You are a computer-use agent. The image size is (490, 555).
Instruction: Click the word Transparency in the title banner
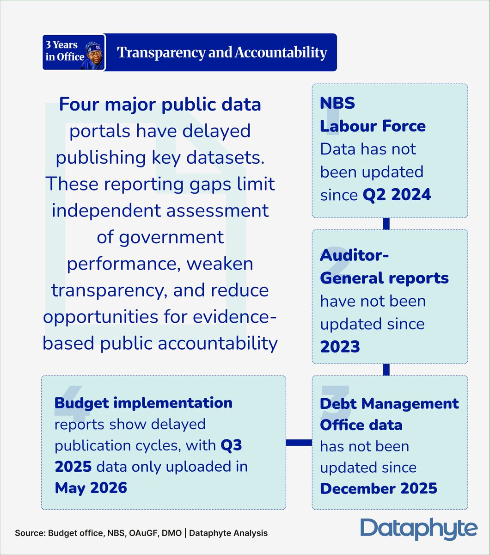coord(161,53)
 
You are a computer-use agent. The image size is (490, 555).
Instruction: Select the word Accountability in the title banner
coord(281,53)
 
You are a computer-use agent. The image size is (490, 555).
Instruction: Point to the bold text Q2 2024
coord(397,195)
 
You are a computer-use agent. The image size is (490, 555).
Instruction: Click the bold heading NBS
coord(337,103)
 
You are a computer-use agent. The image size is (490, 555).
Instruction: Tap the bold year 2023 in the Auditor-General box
coord(340,346)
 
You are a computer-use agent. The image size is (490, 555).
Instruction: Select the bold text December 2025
coord(379,488)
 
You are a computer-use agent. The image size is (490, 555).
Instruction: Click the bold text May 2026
coord(91,488)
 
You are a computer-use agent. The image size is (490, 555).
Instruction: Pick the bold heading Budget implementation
coord(143,403)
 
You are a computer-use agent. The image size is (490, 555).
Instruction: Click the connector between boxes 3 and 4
coord(299,443)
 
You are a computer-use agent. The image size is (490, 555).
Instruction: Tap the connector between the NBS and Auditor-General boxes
coord(386,224)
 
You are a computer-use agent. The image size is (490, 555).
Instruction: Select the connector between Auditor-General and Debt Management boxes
coord(386,370)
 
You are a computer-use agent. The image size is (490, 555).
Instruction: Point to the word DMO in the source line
coord(172,533)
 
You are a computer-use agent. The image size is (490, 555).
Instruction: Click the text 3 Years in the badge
coord(61,44)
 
